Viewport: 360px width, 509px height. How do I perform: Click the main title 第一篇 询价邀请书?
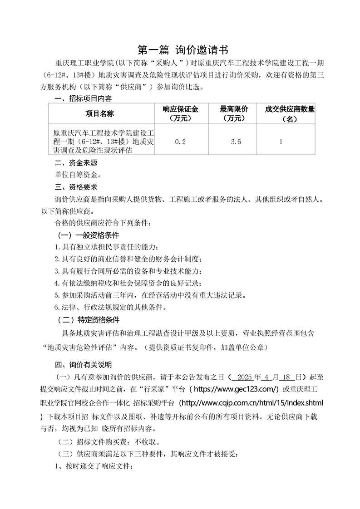coord(180,50)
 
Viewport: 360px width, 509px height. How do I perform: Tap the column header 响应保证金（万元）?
coord(180,113)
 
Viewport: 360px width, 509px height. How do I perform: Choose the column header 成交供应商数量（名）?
coord(290,113)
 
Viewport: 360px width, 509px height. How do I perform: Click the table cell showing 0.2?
coord(180,142)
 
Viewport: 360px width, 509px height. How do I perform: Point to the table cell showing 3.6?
coord(236,142)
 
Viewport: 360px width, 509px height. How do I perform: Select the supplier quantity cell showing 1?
coord(281,142)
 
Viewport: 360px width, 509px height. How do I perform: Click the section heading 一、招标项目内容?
coord(83,98)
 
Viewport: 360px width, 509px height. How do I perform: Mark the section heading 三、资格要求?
coord(76,187)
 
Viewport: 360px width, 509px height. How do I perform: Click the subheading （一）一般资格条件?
coord(88,235)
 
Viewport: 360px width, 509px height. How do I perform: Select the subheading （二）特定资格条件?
coord(88,320)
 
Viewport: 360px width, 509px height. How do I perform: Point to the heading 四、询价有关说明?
coord(83,365)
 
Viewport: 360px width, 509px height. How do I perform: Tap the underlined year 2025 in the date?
coord(245,377)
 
